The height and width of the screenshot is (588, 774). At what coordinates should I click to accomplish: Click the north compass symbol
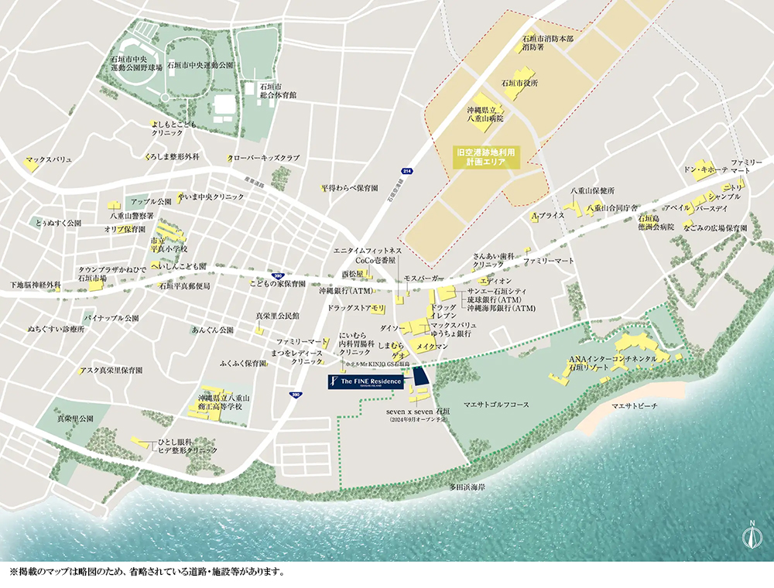coord(749,537)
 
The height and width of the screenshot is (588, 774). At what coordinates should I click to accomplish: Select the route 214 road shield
coord(407,171)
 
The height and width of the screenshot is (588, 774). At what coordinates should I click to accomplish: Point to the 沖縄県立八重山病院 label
coord(485,115)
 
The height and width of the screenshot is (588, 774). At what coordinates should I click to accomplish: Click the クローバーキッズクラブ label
coord(263,158)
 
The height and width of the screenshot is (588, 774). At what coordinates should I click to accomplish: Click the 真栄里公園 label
coord(75,418)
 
